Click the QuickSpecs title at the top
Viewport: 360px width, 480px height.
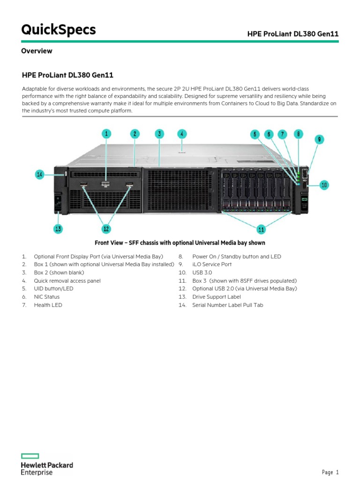pyautogui.click(x=59, y=30)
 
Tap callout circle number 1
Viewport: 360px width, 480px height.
pyautogui.click(x=106, y=134)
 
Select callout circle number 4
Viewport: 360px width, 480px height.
pyautogui.click(x=182, y=134)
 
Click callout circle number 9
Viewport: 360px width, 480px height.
pyautogui.click(x=319, y=139)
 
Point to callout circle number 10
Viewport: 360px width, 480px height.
pyautogui.click(x=324, y=185)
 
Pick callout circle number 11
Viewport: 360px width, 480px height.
pyautogui.click(x=261, y=229)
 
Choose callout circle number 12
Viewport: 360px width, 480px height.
pyautogui.click(x=106, y=229)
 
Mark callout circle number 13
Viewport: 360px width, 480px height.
pyautogui.click(x=58, y=229)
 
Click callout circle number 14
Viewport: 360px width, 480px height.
pyautogui.click(x=40, y=175)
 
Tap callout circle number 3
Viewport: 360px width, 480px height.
pyautogui.click(x=159, y=134)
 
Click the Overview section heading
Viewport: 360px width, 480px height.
pyautogui.click(x=37, y=51)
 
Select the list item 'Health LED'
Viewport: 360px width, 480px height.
pyautogui.click(x=48, y=305)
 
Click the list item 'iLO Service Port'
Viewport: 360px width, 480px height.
pyautogui.click(x=211, y=265)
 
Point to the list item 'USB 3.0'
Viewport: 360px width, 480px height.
pyautogui.click(x=202, y=273)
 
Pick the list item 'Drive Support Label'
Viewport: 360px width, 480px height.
pyautogui.click(x=216, y=297)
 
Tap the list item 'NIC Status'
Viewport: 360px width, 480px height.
pyautogui.click(x=46, y=297)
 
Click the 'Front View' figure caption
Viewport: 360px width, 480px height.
pyautogui.click(x=180, y=243)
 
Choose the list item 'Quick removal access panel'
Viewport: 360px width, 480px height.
pyautogui.click(x=67, y=281)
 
